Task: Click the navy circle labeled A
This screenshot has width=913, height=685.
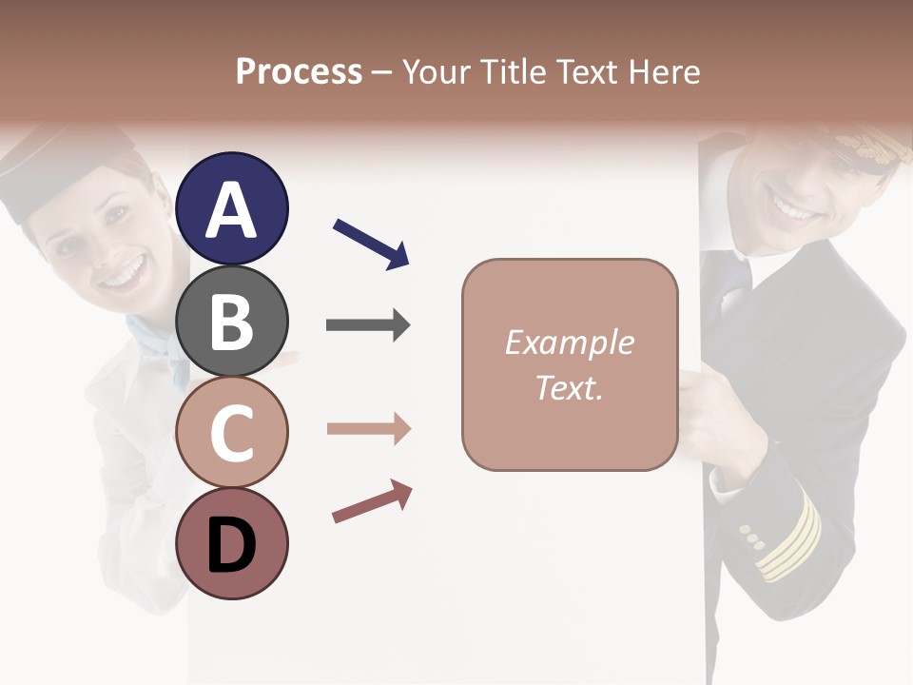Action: tap(231, 208)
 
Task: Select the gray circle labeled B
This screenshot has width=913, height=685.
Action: tap(231, 321)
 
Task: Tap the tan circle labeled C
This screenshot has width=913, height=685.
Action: tap(231, 432)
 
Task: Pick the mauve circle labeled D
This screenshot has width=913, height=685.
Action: tap(231, 543)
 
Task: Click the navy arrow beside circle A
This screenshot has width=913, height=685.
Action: tap(372, 243)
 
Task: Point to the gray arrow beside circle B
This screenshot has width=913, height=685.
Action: tap(368, 325)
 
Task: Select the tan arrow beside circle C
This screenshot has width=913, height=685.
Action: tap(369, 429)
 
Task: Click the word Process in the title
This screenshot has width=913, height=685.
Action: tap(299, 71)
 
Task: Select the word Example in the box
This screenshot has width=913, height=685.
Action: tap(569, 342)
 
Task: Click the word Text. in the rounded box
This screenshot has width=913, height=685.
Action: tap(569, 387)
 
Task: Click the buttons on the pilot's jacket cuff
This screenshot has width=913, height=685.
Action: tap(751, 538)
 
